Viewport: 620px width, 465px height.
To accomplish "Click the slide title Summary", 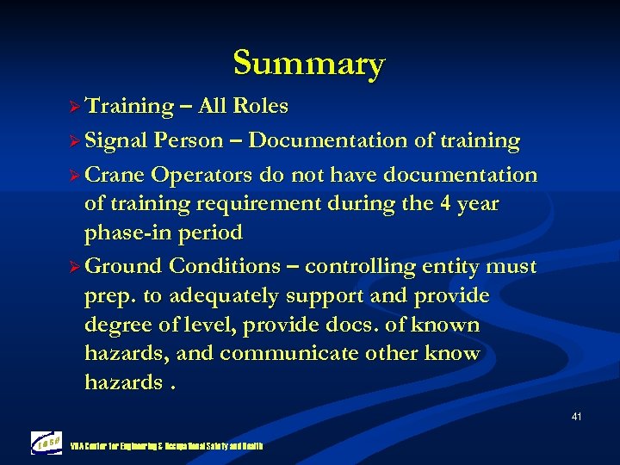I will (308, 63).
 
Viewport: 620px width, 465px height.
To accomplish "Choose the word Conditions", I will (225, 266).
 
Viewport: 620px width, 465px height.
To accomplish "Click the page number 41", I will (576, 418).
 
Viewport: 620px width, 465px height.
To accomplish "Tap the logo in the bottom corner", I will (46, 442).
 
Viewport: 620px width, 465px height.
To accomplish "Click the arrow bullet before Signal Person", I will (74, 140).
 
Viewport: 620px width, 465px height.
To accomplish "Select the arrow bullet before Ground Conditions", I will (74, 266).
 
